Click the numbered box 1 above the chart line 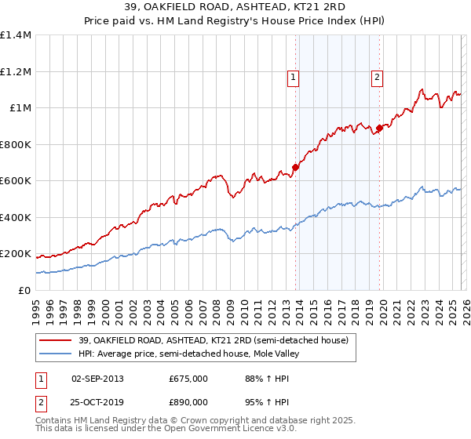tap(293, 77)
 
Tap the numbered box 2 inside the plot tap(377, 77)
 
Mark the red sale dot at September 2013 tap(296, 166)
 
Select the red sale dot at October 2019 tap(379, 128)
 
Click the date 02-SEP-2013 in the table tap(97, 379)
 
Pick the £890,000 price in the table tap(188, 401)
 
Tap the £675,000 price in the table tap(188, 379)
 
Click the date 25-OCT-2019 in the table tap(97, 401)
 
